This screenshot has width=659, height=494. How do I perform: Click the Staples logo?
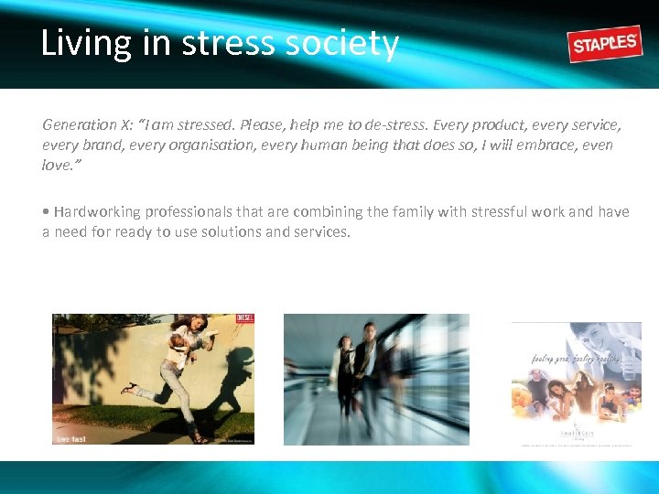pos(605,43)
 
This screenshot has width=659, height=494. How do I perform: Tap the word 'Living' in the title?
pos(86,44)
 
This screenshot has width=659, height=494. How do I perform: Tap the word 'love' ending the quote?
pos(57,166)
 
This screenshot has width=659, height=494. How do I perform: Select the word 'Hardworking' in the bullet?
pos(97,211)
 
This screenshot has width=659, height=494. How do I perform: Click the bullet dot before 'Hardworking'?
pos(46,212)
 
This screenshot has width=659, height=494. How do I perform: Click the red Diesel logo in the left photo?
pos(244,320)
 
